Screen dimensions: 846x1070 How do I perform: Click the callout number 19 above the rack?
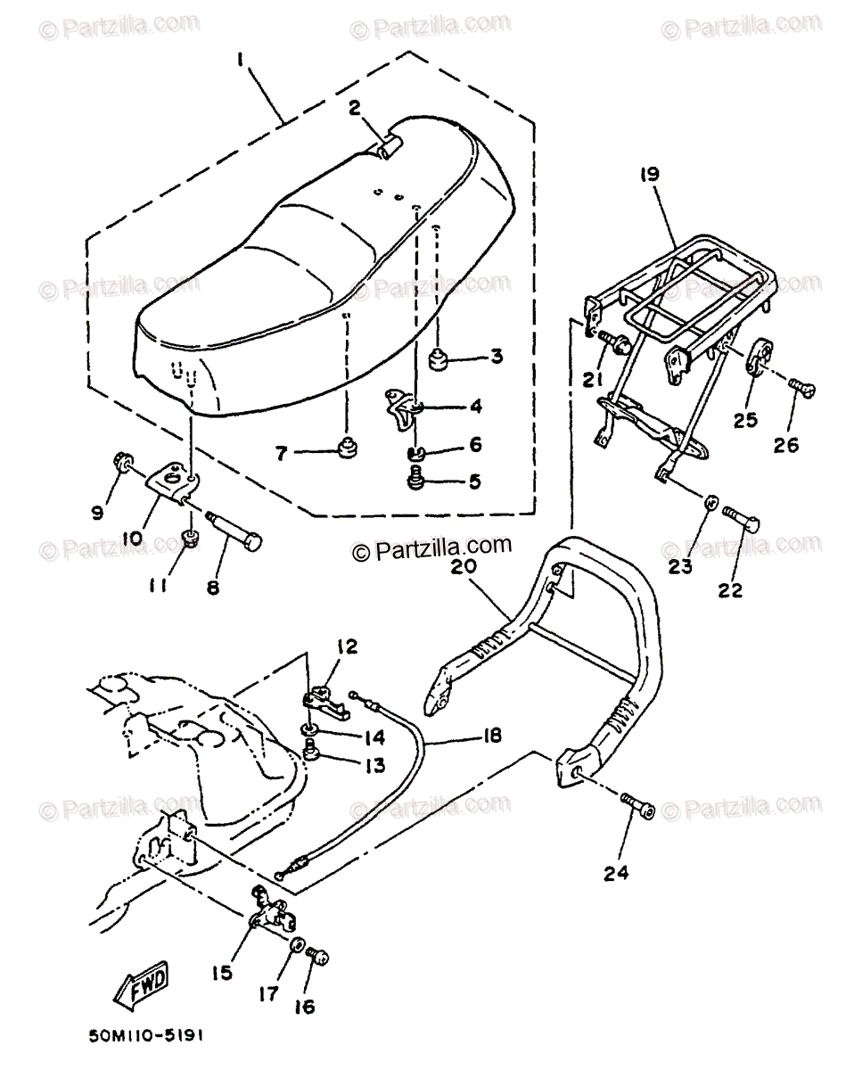pyautogui.click(x=647, y=175)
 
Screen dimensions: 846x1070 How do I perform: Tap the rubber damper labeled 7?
pyautogui.click(x=346, y=447)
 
